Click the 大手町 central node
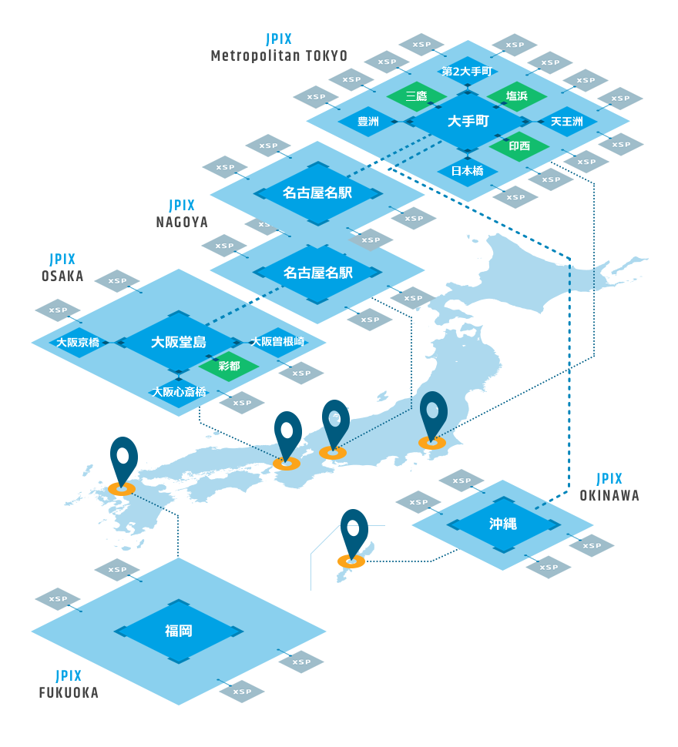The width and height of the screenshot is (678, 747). tap(468, 122)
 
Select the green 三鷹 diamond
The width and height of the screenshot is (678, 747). tap(416, 96)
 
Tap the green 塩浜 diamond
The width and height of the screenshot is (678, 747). tap(516, 96)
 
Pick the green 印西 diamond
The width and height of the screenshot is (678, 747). tap(519, 146)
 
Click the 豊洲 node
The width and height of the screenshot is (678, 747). tap(368, 122)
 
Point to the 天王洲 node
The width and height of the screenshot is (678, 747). tap(566, 122)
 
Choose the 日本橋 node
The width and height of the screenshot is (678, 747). tap(468, 170)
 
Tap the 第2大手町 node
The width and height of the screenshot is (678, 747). tap(466, 72)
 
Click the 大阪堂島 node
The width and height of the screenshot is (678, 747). tap(179, 342)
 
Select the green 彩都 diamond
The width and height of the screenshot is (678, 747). tap(229, 367)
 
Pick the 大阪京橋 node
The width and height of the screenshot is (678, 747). tap(78, 343)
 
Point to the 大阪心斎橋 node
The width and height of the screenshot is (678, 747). tap(179, 391)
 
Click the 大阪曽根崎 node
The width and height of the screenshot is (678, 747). tap(277, 342)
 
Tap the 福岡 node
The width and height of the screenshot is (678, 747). tap(179, 631)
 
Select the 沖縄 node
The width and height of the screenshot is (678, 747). tap(502, 524)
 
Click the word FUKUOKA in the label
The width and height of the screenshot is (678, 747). tap(69, 693)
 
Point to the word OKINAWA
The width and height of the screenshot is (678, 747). tap(609, 496)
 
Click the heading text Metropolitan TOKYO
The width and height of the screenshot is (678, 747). tap(279, 56)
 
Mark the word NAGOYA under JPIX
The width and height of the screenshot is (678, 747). tap(182, 222)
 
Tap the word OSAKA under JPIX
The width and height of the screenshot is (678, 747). tap(62, 276)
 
